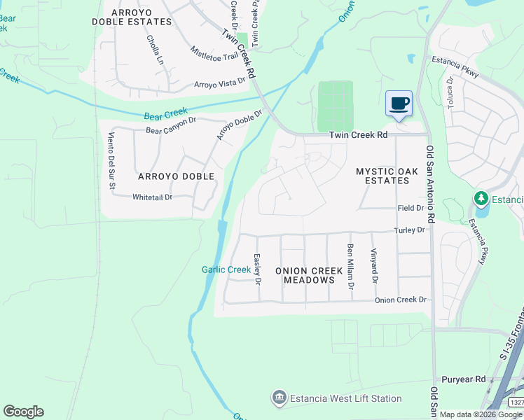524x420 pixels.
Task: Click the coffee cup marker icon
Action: pos(399,104)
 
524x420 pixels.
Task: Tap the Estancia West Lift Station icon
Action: pos(280,398)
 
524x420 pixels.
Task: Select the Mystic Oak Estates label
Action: pos(387,176)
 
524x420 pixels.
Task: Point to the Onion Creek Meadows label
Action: pos(309,275)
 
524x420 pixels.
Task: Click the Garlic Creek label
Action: pos(226,269)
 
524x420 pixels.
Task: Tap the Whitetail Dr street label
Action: pos(152,197)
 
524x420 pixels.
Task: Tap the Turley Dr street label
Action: pos(409,230)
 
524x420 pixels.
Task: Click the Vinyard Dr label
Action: pos(374,266)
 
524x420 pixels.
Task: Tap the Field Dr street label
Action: pos(411,208)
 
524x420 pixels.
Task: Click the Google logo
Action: pos(23,412)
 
